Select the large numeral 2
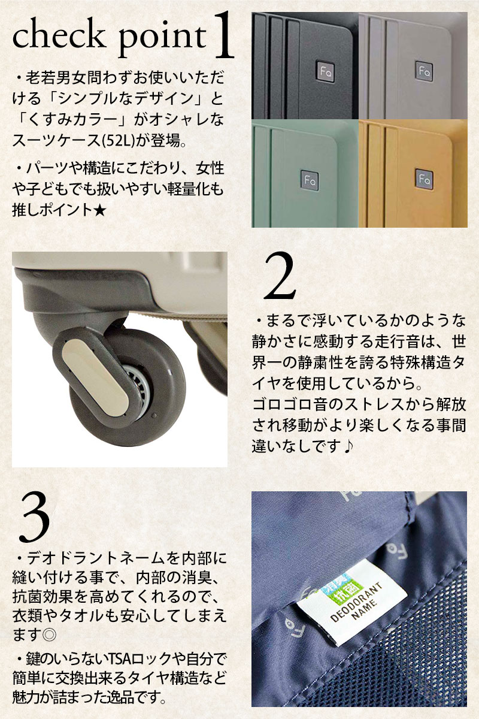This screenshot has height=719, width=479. [x=280, y=276]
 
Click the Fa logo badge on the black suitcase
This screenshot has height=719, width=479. [x=326, y=72]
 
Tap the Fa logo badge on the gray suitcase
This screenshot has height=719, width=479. [x=424, y=70]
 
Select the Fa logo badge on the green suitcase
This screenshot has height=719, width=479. [x=310, y=180]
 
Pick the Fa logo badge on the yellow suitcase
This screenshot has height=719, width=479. [x=424, y=179]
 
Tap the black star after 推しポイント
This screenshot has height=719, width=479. [x=99, y=211]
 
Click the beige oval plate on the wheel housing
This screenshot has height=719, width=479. [x=96, y=379]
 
